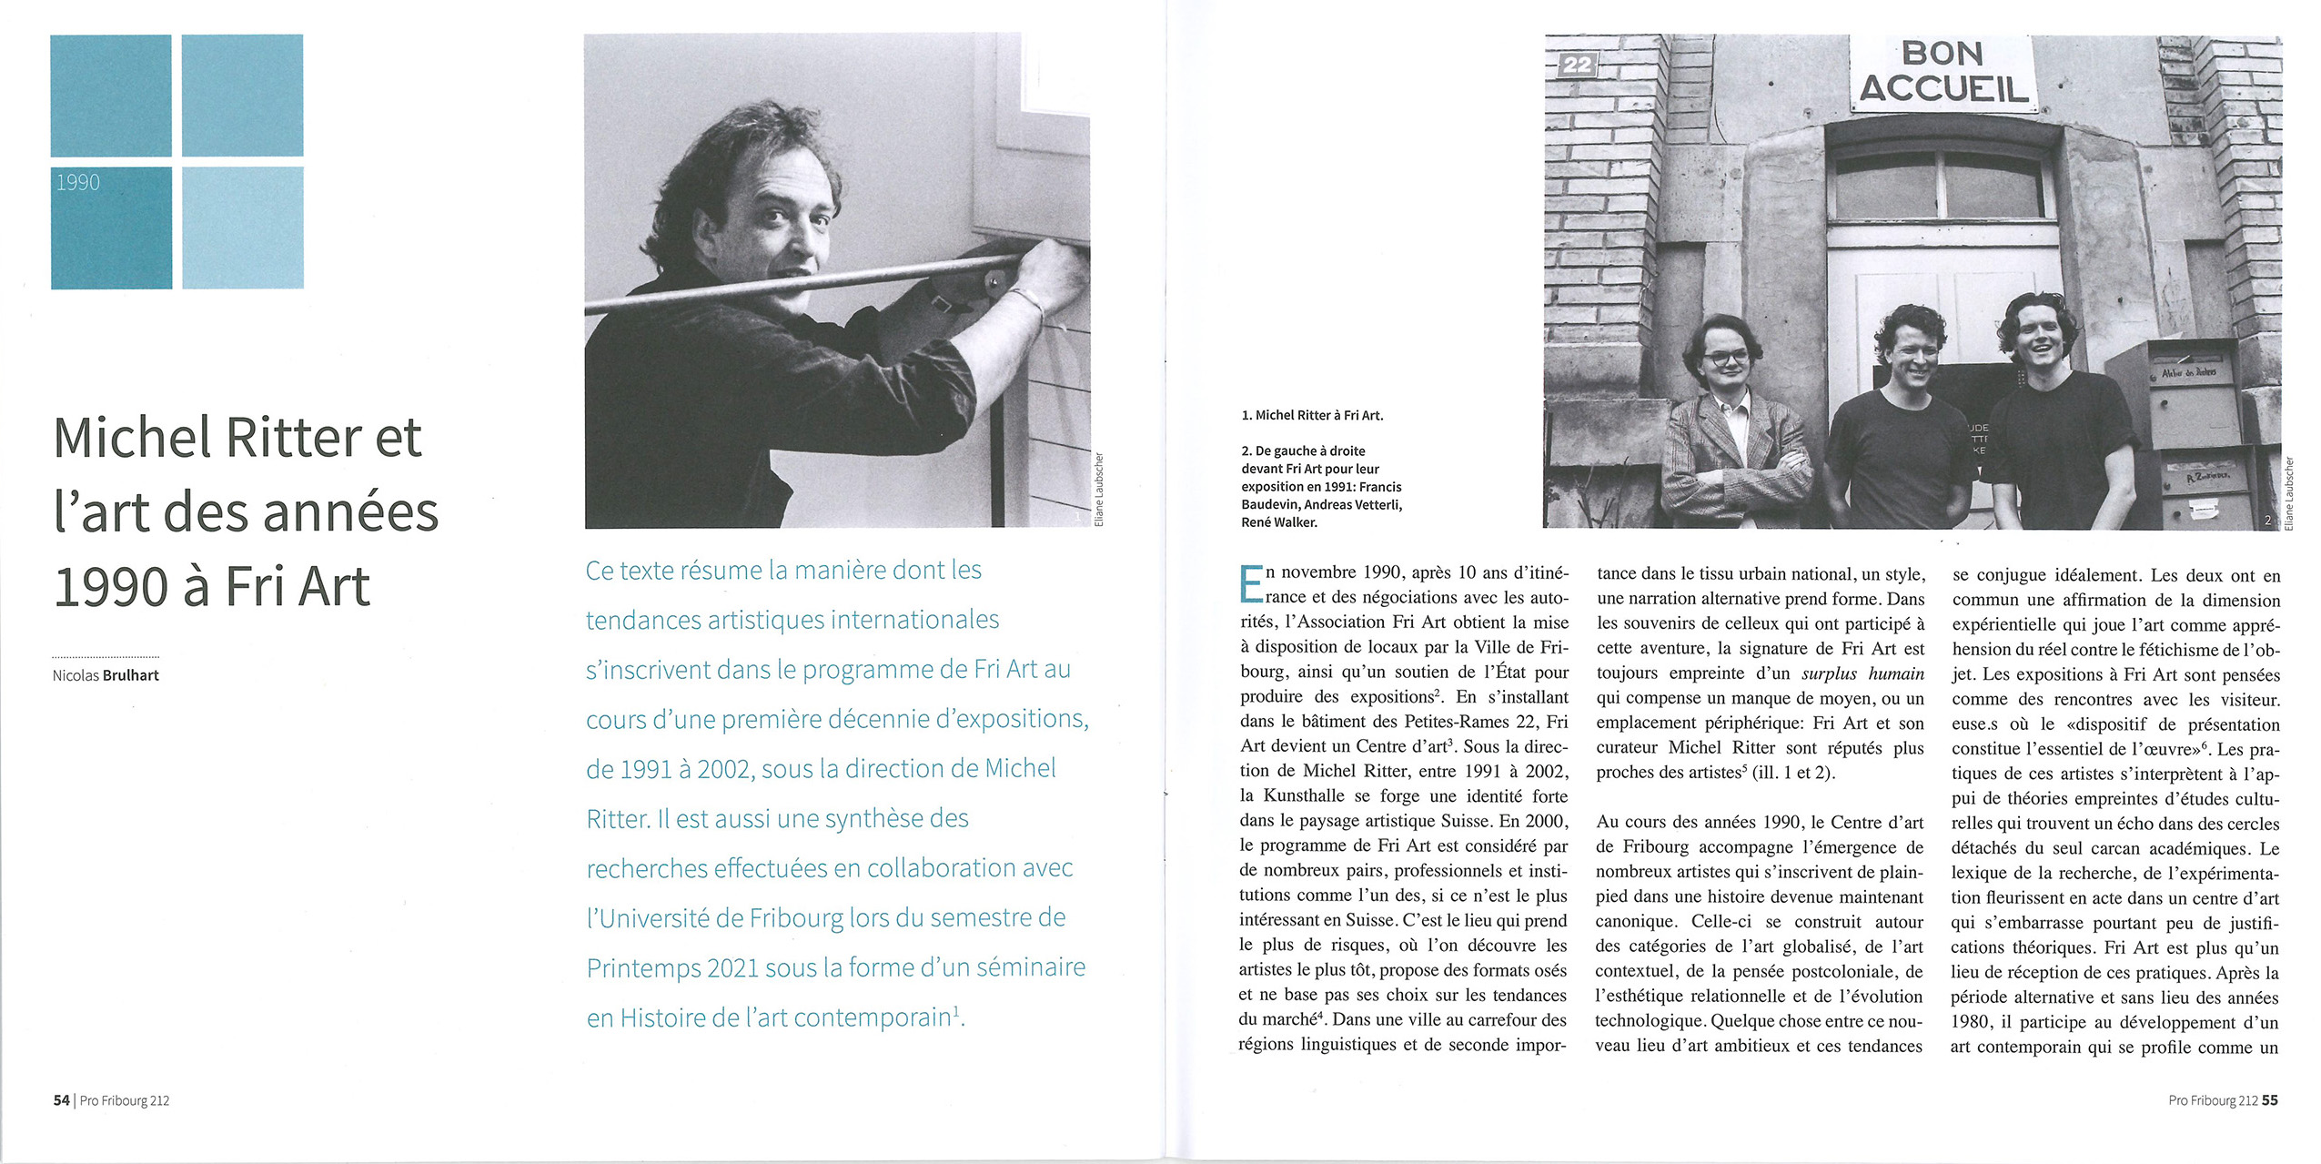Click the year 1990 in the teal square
pyautogui.click(x=78, y=183)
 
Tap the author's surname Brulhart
pyautogui.click(x=131, y=675)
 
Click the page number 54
pyautogui.click(x=61, y=1100)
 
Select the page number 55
pyautogui.click(x=2269, y=1100)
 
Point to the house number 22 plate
pyautogui.click(x=1577, y=65)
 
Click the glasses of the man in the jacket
pyautogui.click(x=1726, y=358)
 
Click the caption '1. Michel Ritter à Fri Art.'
pyautogui.click(x=1312, y=415)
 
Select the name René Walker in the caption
pyautogui.click(x=1279, y=522)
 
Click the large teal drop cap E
pyautogui.click(x=1251, y=584)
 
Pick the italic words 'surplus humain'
pyautogui.click(x=1862, y=674)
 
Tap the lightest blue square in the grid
pyautogui.click(x=242, y=228)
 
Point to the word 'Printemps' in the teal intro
pyautogui.click(x=642, y=967)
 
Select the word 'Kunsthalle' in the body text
pyautogui.click(x=1308, y=795)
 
